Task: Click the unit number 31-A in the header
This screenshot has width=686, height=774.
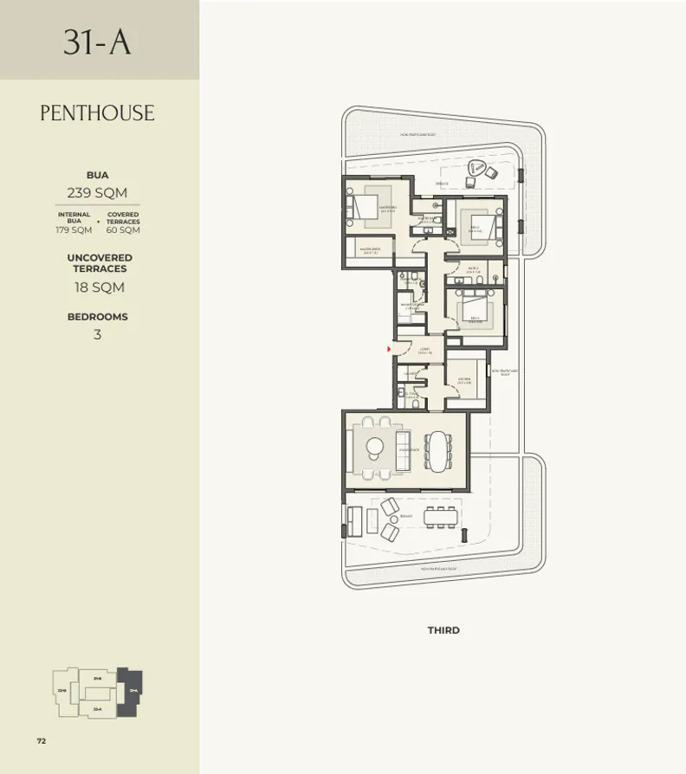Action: (97, 42)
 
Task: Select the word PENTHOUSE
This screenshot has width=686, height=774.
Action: (97, 113)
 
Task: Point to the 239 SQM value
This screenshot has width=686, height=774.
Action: (97, 192)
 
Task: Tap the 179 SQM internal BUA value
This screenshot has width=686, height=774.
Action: (74, 230)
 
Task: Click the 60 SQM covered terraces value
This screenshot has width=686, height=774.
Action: (123, 230)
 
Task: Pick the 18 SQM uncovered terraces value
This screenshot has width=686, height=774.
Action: (97, 287)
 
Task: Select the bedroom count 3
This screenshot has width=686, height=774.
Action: (97, 334)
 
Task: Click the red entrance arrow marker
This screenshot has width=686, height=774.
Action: (390, 349)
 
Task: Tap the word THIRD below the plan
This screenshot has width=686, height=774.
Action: (443, 630)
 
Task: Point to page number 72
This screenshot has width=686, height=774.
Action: (41, 740)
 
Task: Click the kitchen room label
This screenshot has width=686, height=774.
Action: (463, 381)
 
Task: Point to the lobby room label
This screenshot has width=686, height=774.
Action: (424, 352)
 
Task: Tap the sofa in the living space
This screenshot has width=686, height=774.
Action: (403, 450)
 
